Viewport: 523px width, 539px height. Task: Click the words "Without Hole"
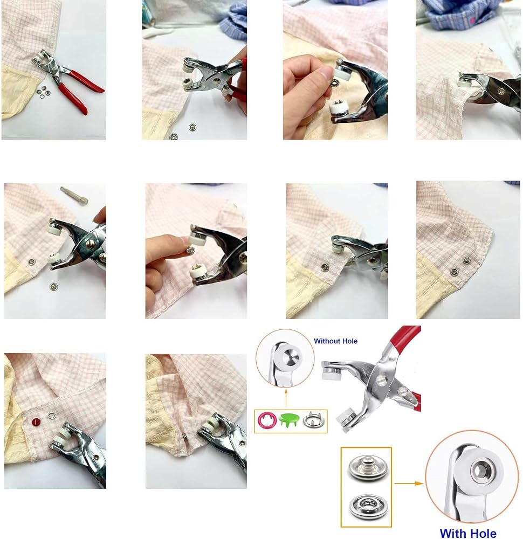pyautogui.click(x=335, y=341)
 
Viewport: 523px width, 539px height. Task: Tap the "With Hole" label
pyautogui.click(x=468, y=534)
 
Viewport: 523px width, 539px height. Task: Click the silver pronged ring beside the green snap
pyautogui.click(x=312, y=420)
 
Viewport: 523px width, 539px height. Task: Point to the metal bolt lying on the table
pyautogui.click(x=74, y=195)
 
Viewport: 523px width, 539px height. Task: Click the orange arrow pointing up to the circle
pyautogui.click(x=286, y=398)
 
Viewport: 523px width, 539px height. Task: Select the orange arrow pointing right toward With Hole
pyautogui.click(x=409, y=483)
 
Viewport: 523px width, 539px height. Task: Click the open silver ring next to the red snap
pyautogui.click(x=52, y=416)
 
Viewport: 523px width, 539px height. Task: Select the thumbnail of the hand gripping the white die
pyautogui.click(x=335, y=70)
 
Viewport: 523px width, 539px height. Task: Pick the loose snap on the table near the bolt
pyautogui.click(x=53, y=286)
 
